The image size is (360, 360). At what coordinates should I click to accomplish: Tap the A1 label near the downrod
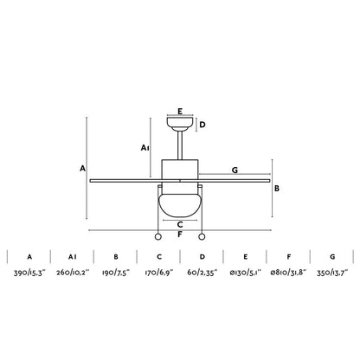coord(145,149)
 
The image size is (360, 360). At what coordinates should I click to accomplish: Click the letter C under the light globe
coord(179,222)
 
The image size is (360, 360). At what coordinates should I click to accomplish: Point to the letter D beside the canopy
coord(202,125)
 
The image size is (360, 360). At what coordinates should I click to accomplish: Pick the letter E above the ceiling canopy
coord(179,111)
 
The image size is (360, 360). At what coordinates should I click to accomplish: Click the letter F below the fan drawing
coord(179,234)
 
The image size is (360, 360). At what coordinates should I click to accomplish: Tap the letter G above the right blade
coord(235,170)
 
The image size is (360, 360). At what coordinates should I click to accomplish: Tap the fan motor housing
coord(179,171)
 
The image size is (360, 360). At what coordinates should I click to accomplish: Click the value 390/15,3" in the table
coord(30,272)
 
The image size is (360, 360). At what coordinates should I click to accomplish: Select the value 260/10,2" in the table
coord(73,272)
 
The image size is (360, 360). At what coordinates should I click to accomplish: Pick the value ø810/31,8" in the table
coord(287,272)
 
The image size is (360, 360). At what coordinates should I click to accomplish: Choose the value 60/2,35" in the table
coord(202,272)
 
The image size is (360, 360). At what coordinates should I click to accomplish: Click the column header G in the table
coord(332,257)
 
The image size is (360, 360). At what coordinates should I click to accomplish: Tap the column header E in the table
coord(245,257)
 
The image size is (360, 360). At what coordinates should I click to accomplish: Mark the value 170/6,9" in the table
coord(159,272)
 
